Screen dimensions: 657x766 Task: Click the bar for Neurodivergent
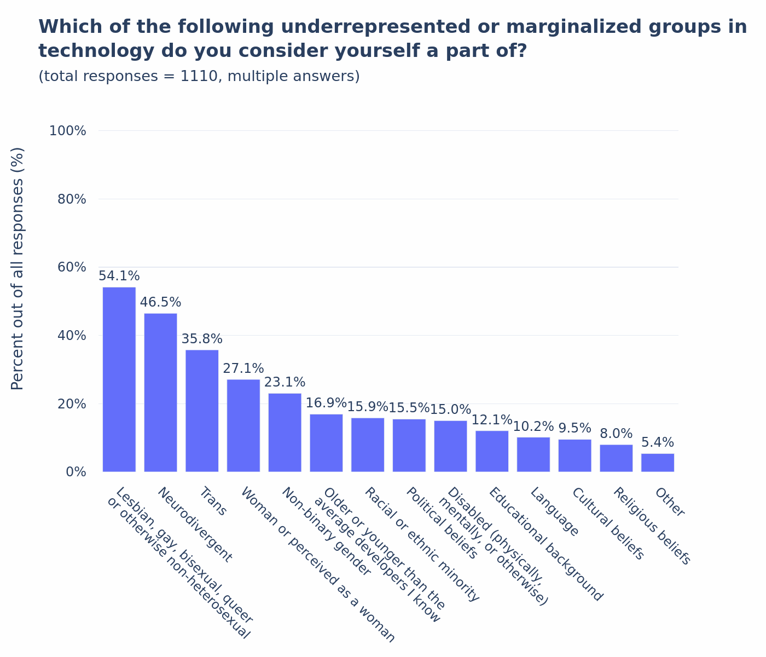click(160, 392)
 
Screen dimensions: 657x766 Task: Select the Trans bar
click(202, 411)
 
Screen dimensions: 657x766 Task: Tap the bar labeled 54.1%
click(119, 379)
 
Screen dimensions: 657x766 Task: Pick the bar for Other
click(658, 463)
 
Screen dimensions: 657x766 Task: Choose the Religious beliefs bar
click(616, 458)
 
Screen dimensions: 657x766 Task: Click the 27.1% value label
click(243, 368)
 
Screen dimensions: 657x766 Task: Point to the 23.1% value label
click(285, 382)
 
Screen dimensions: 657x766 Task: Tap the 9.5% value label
click(574, 428)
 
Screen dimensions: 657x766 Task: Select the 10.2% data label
click(533, 427)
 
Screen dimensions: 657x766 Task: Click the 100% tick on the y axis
click(68, 131)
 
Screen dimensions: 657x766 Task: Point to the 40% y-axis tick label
click(72, 336)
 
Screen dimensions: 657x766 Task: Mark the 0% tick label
click(76, 472)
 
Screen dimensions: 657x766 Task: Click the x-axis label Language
click(554, 512)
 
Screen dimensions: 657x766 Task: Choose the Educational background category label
click(546, 544)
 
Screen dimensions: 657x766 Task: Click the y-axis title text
click(18, 268)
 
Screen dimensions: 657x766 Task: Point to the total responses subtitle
click(199, 77)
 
